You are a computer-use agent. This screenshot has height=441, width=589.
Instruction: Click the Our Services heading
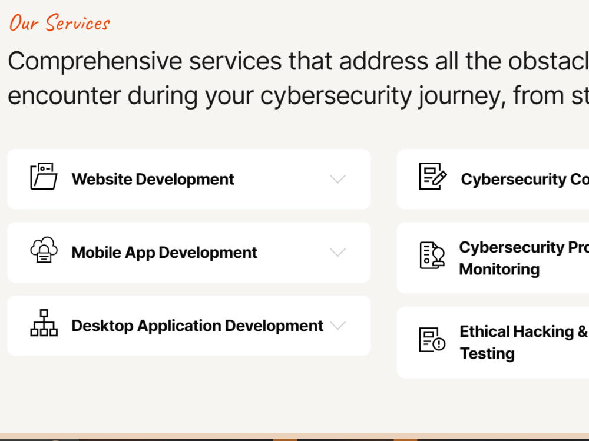pos(59,23)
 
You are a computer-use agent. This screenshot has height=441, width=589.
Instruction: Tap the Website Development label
pos(153,179)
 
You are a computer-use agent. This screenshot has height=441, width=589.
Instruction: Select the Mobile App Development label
pos(164,253)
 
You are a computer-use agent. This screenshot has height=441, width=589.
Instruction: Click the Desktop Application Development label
pos(197,326)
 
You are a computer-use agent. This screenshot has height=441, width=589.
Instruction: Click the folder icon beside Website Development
pos(44,177)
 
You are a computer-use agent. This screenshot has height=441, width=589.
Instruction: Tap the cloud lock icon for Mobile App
pos(44,250)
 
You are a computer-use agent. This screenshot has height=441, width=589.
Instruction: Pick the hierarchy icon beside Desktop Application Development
pos(44,323)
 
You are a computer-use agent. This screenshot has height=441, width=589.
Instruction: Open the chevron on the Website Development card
pos(337,179)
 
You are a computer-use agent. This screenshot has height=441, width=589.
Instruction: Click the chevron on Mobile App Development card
pos(337,253)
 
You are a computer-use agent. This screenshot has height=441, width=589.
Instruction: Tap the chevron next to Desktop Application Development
pos(337,325)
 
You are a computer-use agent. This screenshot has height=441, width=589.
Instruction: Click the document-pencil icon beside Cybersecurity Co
pos(432,177)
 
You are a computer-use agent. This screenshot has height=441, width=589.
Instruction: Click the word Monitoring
pos(499,269)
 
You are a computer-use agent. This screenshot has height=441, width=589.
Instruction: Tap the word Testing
pos(487,353)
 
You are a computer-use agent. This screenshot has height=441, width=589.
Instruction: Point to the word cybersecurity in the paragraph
pos(336,95)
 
